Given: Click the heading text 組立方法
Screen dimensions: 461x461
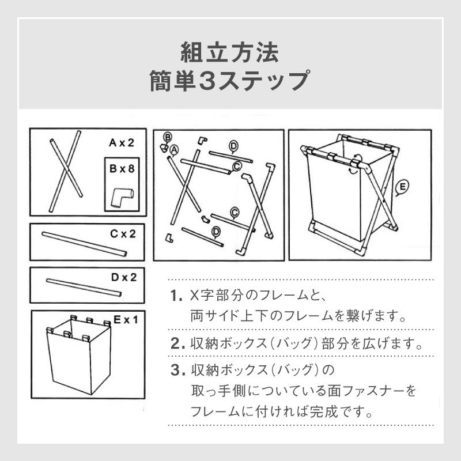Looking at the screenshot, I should point(230,53).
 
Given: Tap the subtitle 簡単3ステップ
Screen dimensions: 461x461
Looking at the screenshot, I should point(230,81).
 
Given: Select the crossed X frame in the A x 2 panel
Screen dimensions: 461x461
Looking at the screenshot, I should point(65,172).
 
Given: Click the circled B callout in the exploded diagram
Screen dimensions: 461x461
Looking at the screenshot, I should point(168,137).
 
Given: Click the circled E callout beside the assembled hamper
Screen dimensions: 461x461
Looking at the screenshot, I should point(403,186).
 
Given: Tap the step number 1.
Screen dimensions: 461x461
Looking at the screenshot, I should point(176,297).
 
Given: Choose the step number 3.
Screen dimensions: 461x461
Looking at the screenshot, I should point(177,369).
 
